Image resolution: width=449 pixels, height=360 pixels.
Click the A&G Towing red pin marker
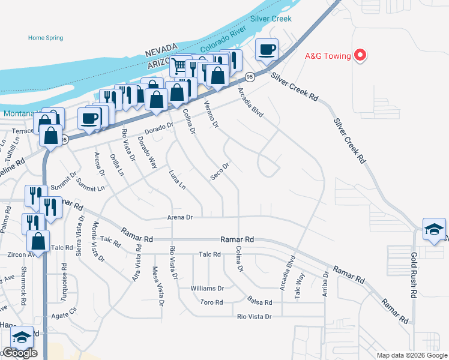[x=360, y=56]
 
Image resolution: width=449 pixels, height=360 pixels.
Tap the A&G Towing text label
[x=328, y=56]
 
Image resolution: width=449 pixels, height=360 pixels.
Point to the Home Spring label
[x=46, y=38]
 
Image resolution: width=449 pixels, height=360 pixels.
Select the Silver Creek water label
[x=271, y=19]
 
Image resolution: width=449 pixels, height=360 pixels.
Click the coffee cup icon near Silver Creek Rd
[x=267, y=50]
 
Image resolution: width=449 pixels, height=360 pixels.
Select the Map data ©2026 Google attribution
[x=411, y=355]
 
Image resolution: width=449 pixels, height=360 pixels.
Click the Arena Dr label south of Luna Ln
[x=181, y=217]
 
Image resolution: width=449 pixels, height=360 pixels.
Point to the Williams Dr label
[x=207, y=289]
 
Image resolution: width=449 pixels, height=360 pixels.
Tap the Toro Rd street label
[x=211, y=302]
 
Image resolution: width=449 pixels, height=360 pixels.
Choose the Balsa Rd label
[x=260, y=302]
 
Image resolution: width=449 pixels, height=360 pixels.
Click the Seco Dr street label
[x=220, y=170]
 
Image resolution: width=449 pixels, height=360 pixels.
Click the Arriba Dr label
[x=325, y=283]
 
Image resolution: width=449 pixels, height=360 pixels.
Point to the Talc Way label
[x=300, y=284]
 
